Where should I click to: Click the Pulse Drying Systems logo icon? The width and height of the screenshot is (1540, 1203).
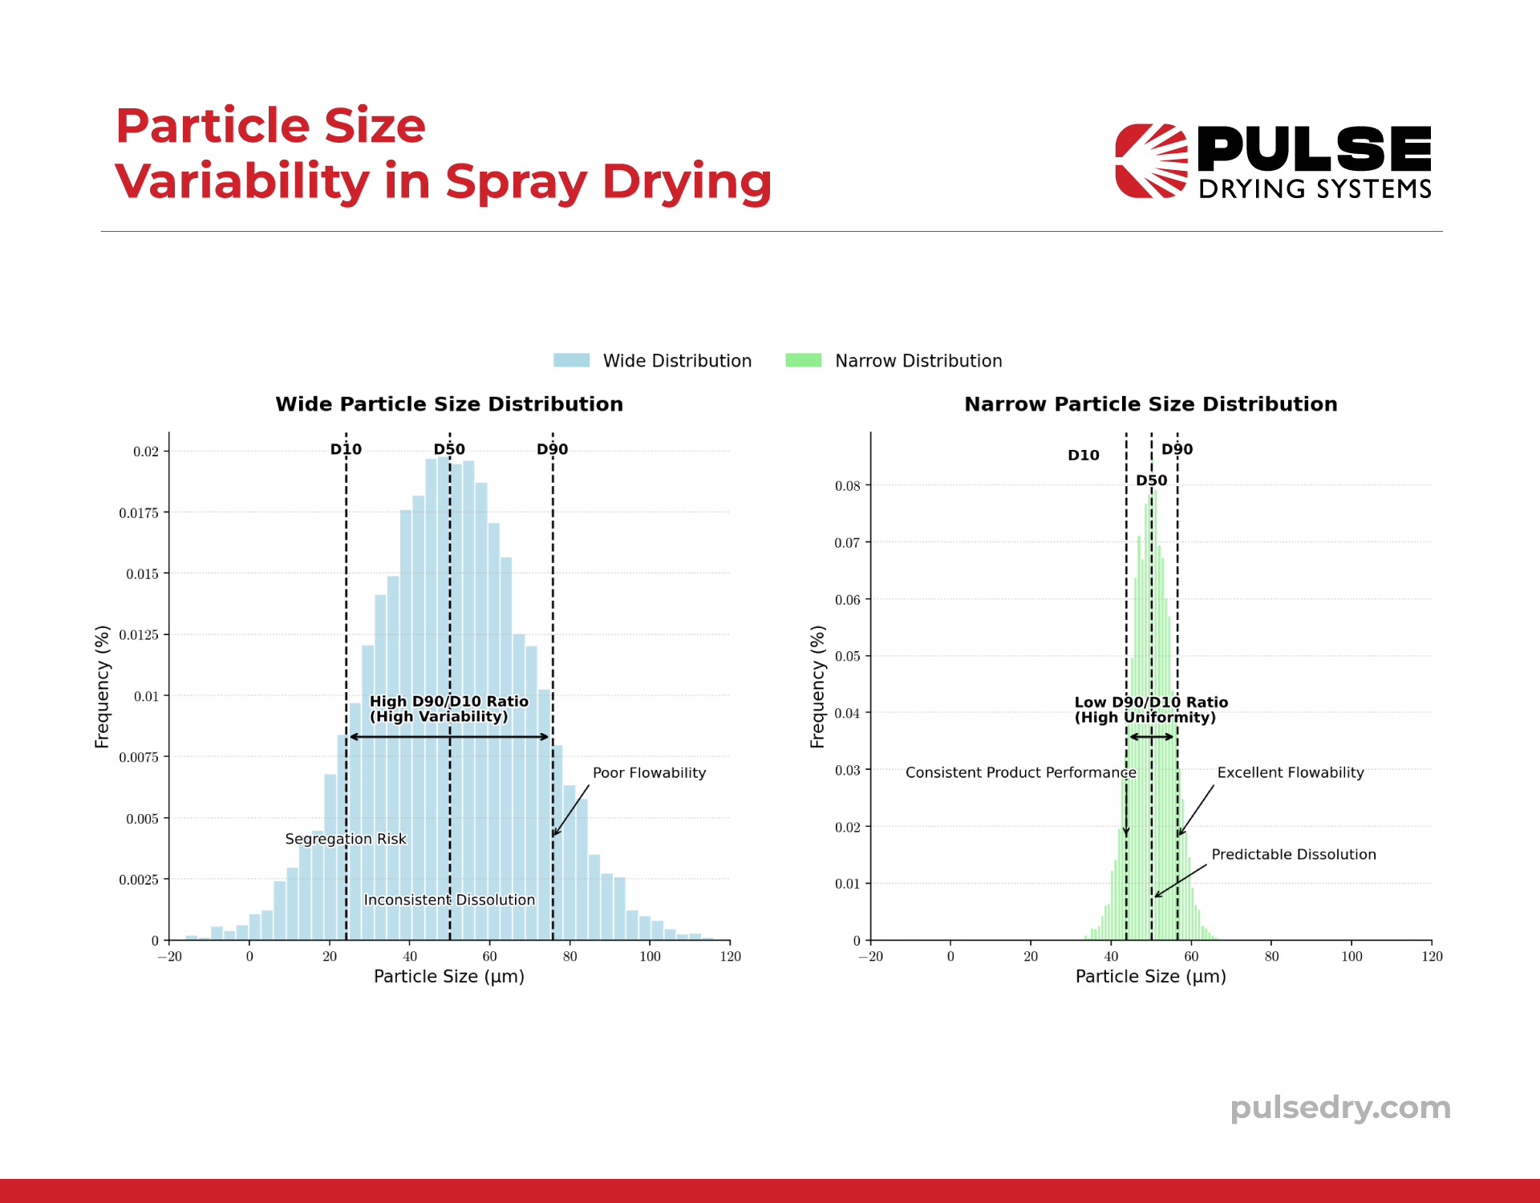coord(1151,160)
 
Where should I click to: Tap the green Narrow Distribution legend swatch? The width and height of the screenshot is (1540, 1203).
coord(803,360)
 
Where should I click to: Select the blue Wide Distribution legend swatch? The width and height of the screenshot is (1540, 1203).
coord(571,360)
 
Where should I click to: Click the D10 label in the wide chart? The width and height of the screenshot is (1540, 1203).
coord(346,449)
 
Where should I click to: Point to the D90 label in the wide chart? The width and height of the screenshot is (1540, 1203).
coord(552,449)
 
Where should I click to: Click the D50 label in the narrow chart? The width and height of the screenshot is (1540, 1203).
coord(1151,480)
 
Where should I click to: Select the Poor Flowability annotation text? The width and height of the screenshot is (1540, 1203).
coord(649,772)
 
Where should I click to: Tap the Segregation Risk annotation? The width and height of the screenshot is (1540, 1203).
coord(346,839)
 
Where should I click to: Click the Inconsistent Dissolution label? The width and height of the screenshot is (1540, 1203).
coord(449,900)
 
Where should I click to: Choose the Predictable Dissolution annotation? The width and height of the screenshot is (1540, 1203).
coord(1293,855)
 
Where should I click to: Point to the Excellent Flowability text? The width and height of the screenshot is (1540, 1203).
coord(1290,772)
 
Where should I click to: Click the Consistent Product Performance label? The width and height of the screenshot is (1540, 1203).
coord(1020,772)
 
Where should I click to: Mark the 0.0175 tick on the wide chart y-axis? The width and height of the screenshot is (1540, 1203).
coord(139,512)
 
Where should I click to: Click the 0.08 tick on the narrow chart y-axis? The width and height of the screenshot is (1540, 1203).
coord(847,485)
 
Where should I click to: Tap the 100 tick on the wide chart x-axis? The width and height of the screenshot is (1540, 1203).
coord(650,956)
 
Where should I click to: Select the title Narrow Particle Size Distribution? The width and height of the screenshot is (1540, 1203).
coord(1150,404)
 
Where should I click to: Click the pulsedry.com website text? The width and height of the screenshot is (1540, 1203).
coord(1339,1108)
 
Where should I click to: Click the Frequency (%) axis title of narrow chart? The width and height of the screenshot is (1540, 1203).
coord(817,687)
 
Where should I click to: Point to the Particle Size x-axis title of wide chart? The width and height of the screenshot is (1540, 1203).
coord(448,977)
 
